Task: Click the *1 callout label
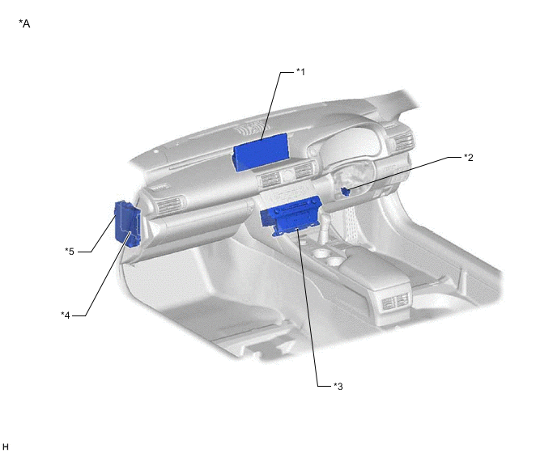[300, 72]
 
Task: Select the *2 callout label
[469, 158]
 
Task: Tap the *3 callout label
[338, 386]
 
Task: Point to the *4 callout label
[66, 315]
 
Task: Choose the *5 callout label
[70, 252]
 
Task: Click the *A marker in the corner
[24, 23]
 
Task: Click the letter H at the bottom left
[6, 447]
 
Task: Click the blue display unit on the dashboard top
[261, 154]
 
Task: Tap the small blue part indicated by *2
[345, 192]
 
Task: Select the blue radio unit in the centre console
[291, 216]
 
